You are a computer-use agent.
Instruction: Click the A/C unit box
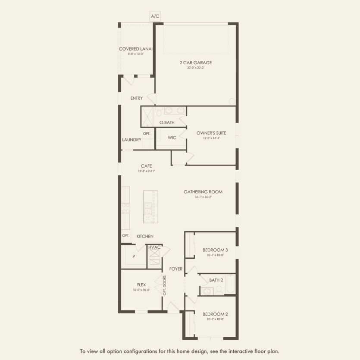point(155,16)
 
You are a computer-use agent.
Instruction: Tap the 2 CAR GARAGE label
point(196,63)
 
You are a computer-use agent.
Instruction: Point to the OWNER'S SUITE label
point(211,133)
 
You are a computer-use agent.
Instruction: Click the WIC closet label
point(172,138)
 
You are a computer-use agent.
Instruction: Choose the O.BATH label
point(167,123)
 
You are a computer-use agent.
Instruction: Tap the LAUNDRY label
point(131,140)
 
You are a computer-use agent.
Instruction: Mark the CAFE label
point(146,166)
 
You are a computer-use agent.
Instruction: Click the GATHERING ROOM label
point(203,192)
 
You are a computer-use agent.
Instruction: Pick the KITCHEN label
point(145,236)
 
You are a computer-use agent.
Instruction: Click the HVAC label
point(154,247)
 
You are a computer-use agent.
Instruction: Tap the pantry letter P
point(134,257)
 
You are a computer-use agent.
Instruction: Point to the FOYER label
point(176,269)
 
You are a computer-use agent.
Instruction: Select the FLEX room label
point(141,285)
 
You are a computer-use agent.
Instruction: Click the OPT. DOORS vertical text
point(165,285)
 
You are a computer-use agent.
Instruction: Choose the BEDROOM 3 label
point(215,250)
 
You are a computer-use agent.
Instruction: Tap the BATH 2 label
point(216,280)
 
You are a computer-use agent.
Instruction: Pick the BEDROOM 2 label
point(215,314)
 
